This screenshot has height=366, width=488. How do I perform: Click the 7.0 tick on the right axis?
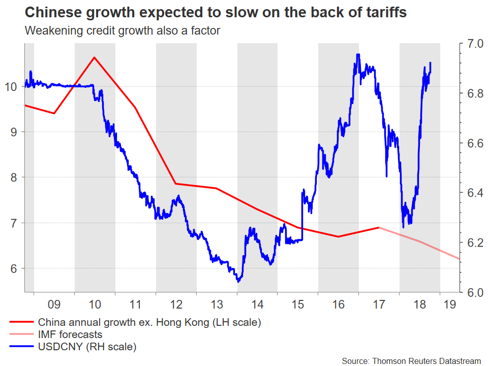click(472, 44)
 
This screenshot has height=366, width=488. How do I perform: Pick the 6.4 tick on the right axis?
click(472, 193)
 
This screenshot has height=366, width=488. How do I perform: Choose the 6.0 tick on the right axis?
click(472, 293)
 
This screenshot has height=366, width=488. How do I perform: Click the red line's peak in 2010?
click(94, 57)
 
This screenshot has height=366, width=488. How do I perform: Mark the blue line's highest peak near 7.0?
click(358, 54)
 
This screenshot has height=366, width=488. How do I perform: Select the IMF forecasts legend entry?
click(70, 334)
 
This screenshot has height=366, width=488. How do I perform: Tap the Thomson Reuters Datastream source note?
click(411, 360)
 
